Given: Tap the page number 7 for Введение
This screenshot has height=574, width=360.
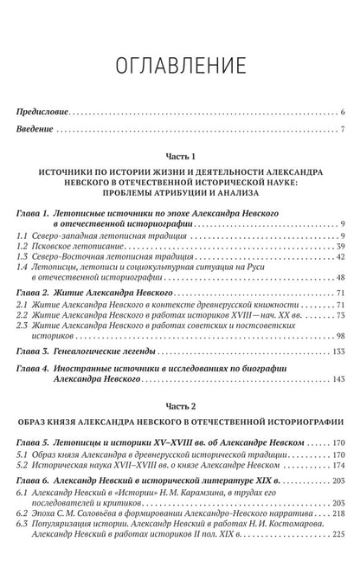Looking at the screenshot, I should coord(344,130).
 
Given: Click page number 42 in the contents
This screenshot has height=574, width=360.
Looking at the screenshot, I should coord(341,258).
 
